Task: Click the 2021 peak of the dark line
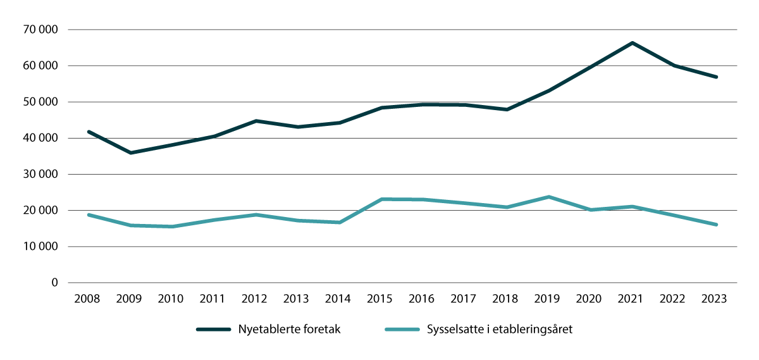point(632,43)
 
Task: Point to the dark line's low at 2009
point(130,152)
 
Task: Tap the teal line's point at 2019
point(548,197)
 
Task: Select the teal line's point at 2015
point(381,199)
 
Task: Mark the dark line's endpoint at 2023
point(716,77)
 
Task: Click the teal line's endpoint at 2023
point(716,225)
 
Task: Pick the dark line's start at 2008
point(88,132)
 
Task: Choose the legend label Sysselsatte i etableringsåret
point(499,330)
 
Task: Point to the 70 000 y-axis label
point(39,30)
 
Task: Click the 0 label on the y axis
point(54,283)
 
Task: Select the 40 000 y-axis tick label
point(39,138)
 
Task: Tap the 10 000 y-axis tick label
point(39,247)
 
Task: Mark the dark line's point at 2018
point(507,109)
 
